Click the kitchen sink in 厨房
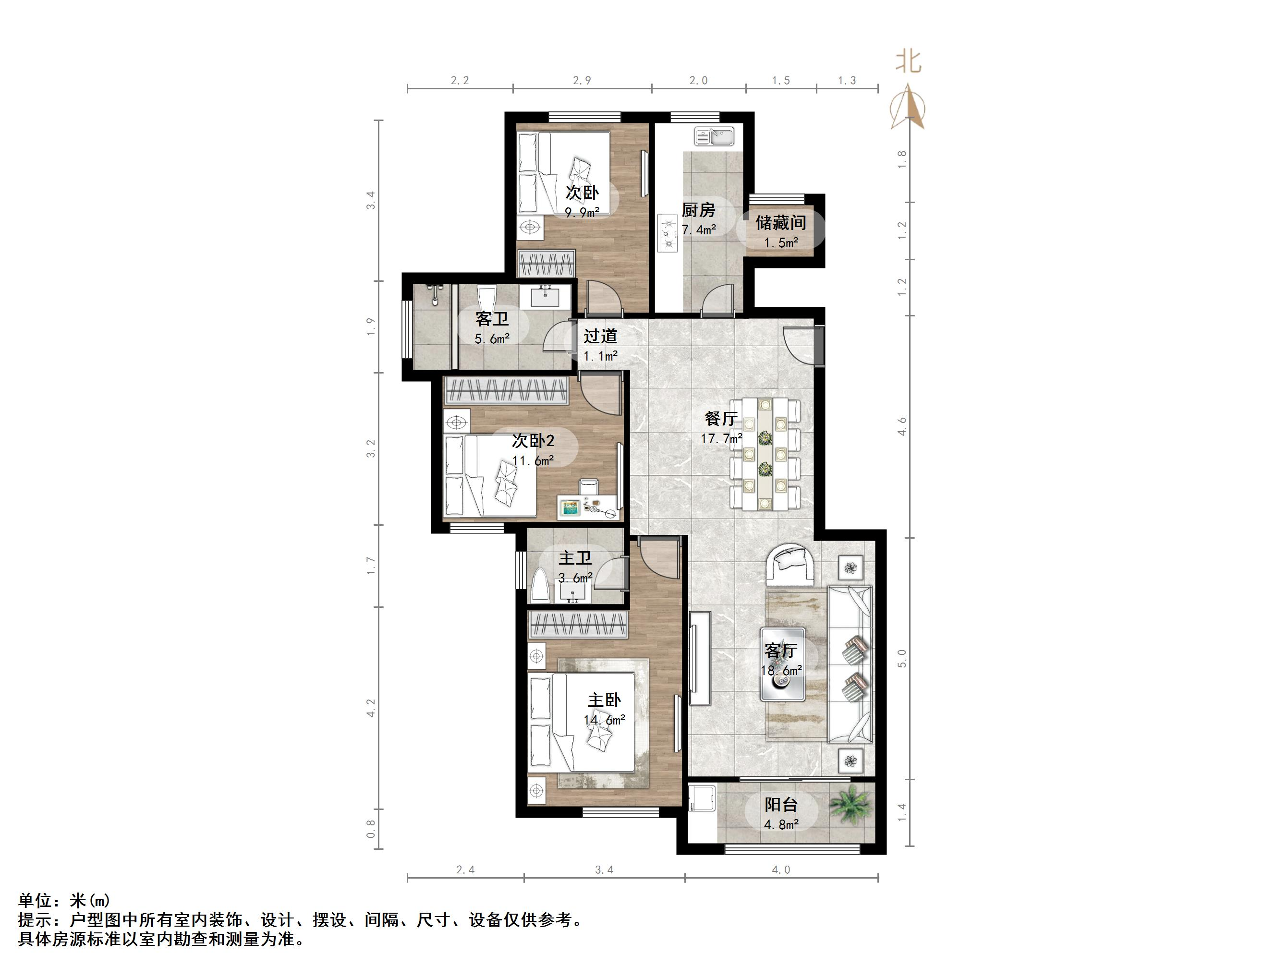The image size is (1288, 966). click(x=715, y=137)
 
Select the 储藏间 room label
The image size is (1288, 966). click(x=780, y=222)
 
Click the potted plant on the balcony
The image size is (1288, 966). click(x=850, y=805)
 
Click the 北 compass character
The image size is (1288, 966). click(x=908, y=62)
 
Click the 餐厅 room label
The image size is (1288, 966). click(x=721, y=418)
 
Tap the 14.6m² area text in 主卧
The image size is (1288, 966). click(x=605, y=720)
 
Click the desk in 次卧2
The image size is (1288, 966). click(x=588, y=507)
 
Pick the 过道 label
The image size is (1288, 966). click(x=600, y=336)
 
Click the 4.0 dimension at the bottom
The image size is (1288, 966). click(x=781, y=870)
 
